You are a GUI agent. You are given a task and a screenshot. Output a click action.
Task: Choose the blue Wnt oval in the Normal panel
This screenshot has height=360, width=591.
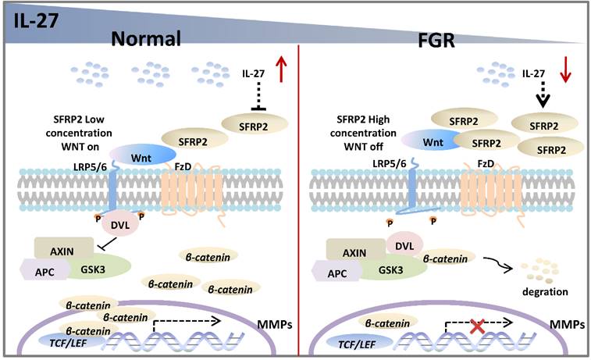click(x=141, y=155)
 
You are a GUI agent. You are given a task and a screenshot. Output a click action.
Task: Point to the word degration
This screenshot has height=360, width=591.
click(x=543, y=291)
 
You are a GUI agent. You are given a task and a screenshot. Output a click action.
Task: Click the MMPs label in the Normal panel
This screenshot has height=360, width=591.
click(x=275, y=322)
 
